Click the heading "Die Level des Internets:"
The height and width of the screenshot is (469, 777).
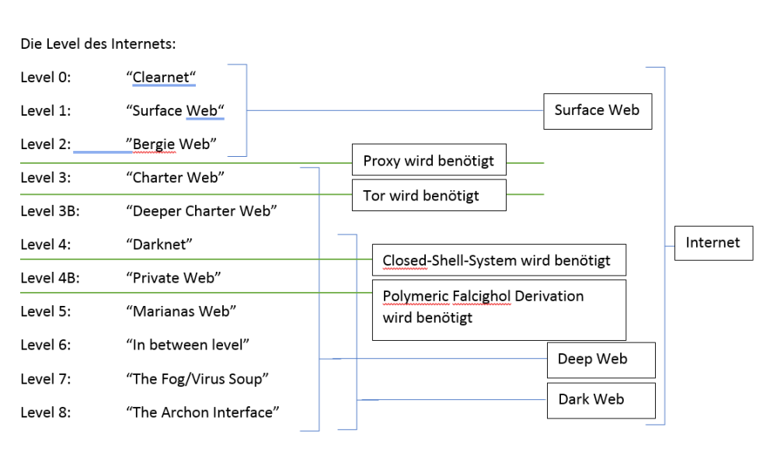98,44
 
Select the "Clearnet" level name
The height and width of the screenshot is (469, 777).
161,77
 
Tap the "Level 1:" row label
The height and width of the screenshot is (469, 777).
46,110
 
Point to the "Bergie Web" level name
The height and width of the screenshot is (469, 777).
171,144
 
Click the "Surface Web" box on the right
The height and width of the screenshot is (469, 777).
598,112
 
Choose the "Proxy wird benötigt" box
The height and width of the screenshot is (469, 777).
429,160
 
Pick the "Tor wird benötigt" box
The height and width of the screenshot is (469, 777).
429,195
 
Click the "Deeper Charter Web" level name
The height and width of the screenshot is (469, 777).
201,211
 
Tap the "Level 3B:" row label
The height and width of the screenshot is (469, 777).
50,211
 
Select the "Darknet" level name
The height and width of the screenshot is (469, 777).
159,244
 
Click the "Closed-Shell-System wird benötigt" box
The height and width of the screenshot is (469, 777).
499,260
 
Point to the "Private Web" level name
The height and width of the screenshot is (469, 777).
173,278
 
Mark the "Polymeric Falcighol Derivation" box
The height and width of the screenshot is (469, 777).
499,310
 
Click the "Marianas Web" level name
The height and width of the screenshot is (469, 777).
181,311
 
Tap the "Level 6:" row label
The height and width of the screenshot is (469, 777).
46,345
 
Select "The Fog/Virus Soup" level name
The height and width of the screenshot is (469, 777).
197,379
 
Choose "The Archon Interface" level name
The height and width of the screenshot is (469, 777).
203,412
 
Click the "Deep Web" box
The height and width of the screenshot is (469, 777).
601,360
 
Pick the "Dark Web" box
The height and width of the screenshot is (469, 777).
601,401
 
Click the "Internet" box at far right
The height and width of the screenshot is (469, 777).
713,243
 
